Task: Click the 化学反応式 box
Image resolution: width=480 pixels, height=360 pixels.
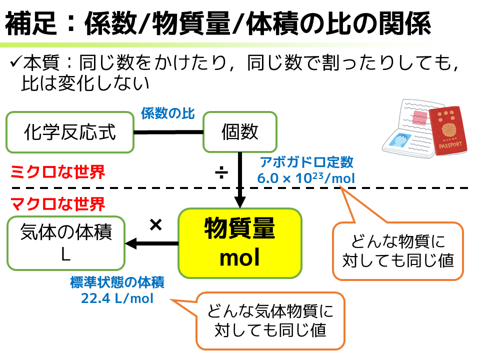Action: point(70,132)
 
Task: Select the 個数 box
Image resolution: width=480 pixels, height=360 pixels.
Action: point(239,132)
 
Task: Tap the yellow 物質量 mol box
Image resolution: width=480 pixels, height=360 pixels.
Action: point(240,243)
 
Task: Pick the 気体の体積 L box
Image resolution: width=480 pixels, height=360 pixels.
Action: point(66,243)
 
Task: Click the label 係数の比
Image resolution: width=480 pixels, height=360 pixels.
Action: point(167,113)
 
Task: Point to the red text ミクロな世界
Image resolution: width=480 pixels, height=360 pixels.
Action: point(57,172)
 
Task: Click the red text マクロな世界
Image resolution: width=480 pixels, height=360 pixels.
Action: point(57,204)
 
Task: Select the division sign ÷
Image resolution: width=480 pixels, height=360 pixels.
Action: point(220,173)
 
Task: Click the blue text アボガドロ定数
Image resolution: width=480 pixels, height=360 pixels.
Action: point(306,162)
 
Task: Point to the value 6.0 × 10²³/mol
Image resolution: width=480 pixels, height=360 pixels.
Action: point(306,178)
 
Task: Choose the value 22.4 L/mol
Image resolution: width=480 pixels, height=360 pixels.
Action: point(117,298)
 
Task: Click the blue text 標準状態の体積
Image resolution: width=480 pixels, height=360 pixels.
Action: point(117,283)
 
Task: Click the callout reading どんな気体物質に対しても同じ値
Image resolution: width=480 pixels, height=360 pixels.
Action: point(270,321)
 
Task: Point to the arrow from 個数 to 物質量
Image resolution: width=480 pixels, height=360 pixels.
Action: point(240,180)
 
